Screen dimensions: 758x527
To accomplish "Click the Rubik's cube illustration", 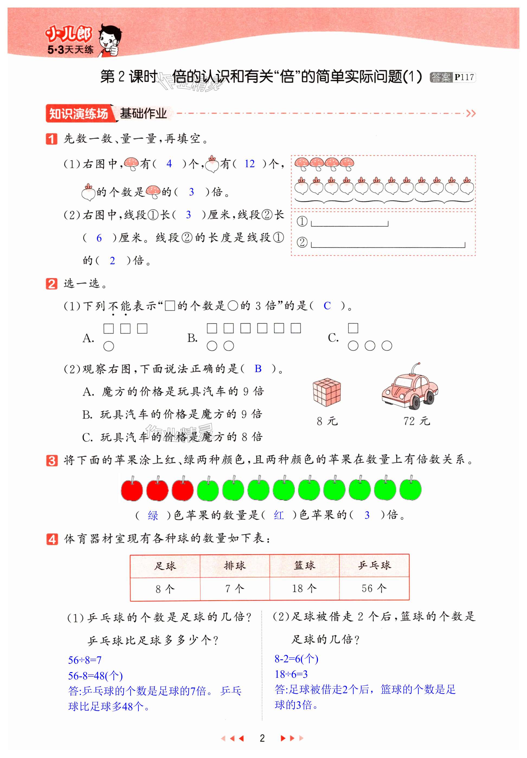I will pyautogui.click(x=327, y=392).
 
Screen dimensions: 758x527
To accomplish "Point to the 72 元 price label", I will pyautogui.click(x=416, y=421).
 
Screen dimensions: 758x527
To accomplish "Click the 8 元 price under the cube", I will pyautogui.click(x=327, y=421).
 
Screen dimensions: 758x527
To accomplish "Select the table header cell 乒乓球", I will pyautogui.click(x=374, y=565).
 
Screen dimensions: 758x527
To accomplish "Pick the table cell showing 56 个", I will pyautogui.click(x=374, y=588).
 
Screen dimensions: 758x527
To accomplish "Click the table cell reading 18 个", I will pyautogui.click(x=304, y=588).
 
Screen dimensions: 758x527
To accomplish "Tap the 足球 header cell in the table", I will pyautogui.click(x=165, y=566).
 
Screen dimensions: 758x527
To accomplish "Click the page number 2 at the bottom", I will pyautogui.click(x=262, y=738).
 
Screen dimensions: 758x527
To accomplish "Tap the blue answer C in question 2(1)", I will pyautogui.click(x=327, y=306).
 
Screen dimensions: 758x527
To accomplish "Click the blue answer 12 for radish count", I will pyautogui.click(x=249, y=164).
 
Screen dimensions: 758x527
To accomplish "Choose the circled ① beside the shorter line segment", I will pyautogui.click(x=302, y=221).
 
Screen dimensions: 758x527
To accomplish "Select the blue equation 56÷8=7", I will pyautogui.click(x=85, y=660).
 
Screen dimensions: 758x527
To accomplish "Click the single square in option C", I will pyautogui.click(x=353, y=328).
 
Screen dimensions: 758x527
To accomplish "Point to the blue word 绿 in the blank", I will pyautogui.click(x=153, y=515).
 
